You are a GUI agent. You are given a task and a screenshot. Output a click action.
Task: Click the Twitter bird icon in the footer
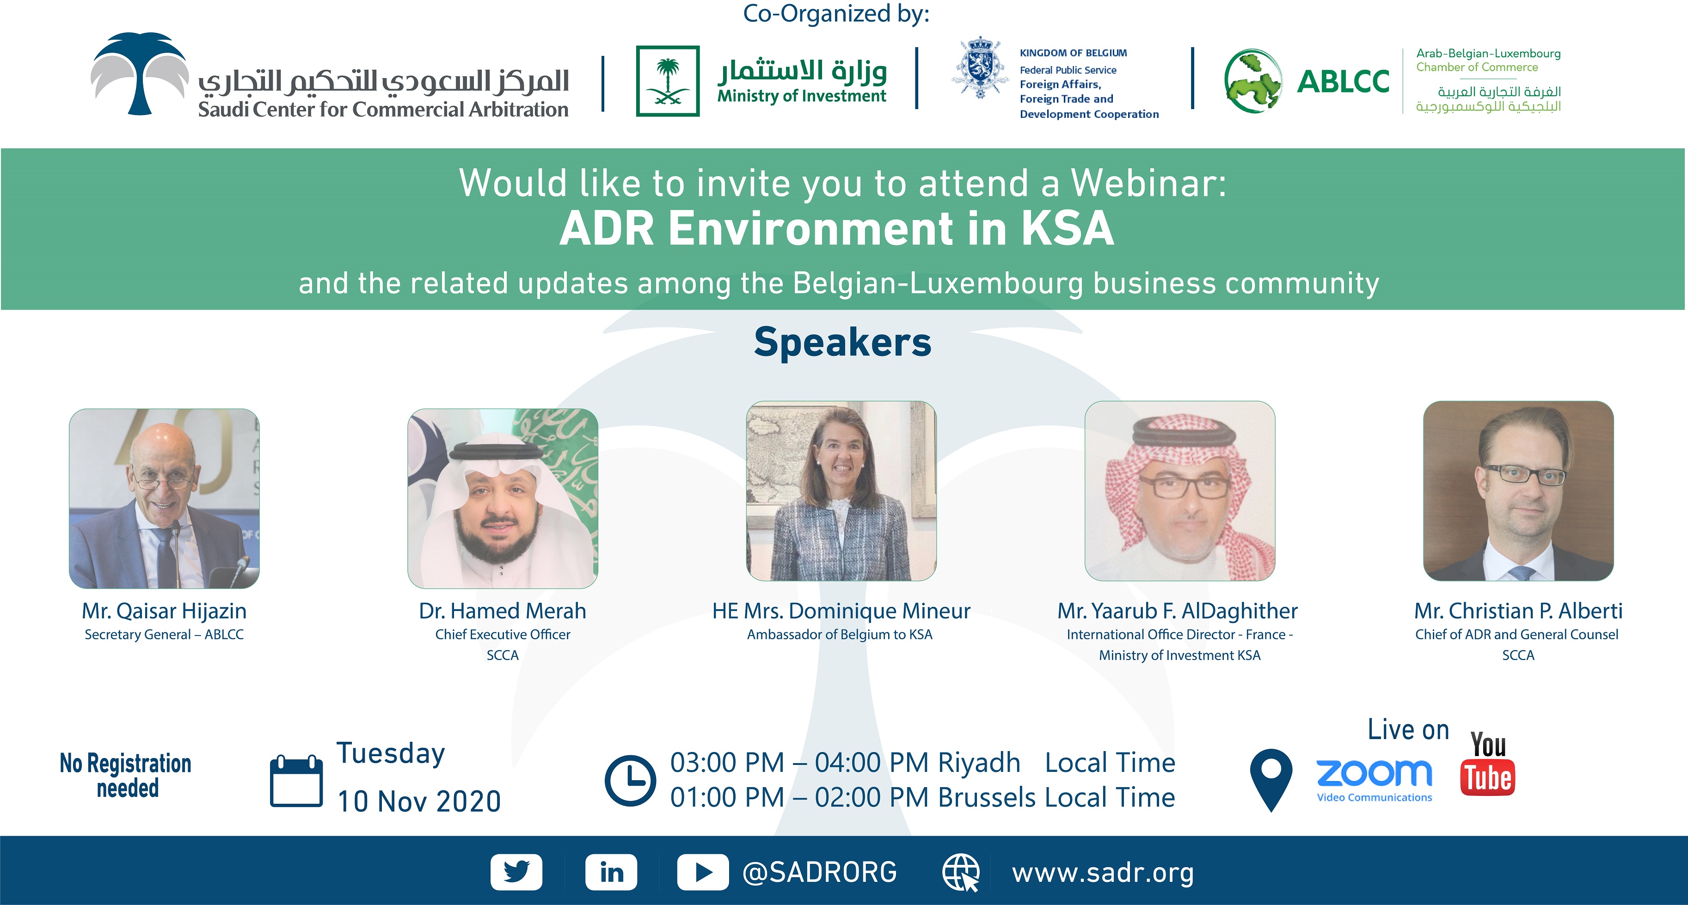[516, 872]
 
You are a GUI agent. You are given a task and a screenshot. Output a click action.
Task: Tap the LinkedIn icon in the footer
[611, 872]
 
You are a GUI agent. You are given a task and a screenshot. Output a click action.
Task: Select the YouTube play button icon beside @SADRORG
[702, 872]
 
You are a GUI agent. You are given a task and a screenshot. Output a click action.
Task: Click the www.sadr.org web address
[1103, 873]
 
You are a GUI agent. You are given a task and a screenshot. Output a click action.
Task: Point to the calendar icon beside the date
[296, 781]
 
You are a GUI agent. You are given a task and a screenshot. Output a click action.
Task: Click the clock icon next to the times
[630, 781]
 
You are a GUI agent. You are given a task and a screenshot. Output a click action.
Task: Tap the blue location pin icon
[1271, 780]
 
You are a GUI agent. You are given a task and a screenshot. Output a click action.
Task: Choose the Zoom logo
[1374, 780]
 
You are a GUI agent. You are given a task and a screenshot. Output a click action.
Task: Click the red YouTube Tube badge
[1487, 778]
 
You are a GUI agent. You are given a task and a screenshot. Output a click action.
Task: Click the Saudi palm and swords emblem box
[668, 81]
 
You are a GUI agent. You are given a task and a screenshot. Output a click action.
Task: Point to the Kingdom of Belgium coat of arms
[979, 67]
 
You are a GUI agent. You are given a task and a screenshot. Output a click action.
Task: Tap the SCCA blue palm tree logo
[140, 73]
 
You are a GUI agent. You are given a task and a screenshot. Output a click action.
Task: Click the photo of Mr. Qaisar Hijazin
[165, 499]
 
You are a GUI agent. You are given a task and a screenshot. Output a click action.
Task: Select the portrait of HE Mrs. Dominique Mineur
[841, 491]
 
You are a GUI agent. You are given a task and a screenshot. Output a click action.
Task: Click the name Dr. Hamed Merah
[503, 611]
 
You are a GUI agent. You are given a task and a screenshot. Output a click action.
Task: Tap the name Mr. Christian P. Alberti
[1518, 611]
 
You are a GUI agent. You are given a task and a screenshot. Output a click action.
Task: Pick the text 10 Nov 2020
[419, 801]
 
